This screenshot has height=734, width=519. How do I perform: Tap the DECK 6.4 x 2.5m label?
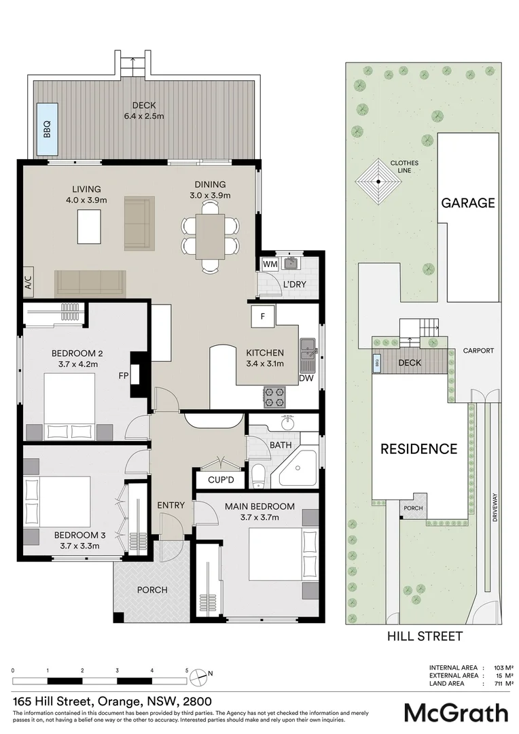[x=143, y=111]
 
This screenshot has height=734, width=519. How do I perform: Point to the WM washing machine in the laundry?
[x=270, y=264]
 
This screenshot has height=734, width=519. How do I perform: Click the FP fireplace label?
[x=123, y=375]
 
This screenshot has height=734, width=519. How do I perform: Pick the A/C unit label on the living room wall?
[x=28, y=283]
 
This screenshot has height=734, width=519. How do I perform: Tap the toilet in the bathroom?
[x=258, y=475]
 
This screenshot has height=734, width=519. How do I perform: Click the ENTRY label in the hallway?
[x=171, y=505]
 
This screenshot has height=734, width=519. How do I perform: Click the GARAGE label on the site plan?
[x=468, y=203]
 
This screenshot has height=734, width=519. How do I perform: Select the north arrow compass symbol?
[x=198, y=675]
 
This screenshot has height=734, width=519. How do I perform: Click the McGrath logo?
[x=456, y=712]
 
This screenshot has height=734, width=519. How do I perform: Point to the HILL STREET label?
[x=425, y=637]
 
